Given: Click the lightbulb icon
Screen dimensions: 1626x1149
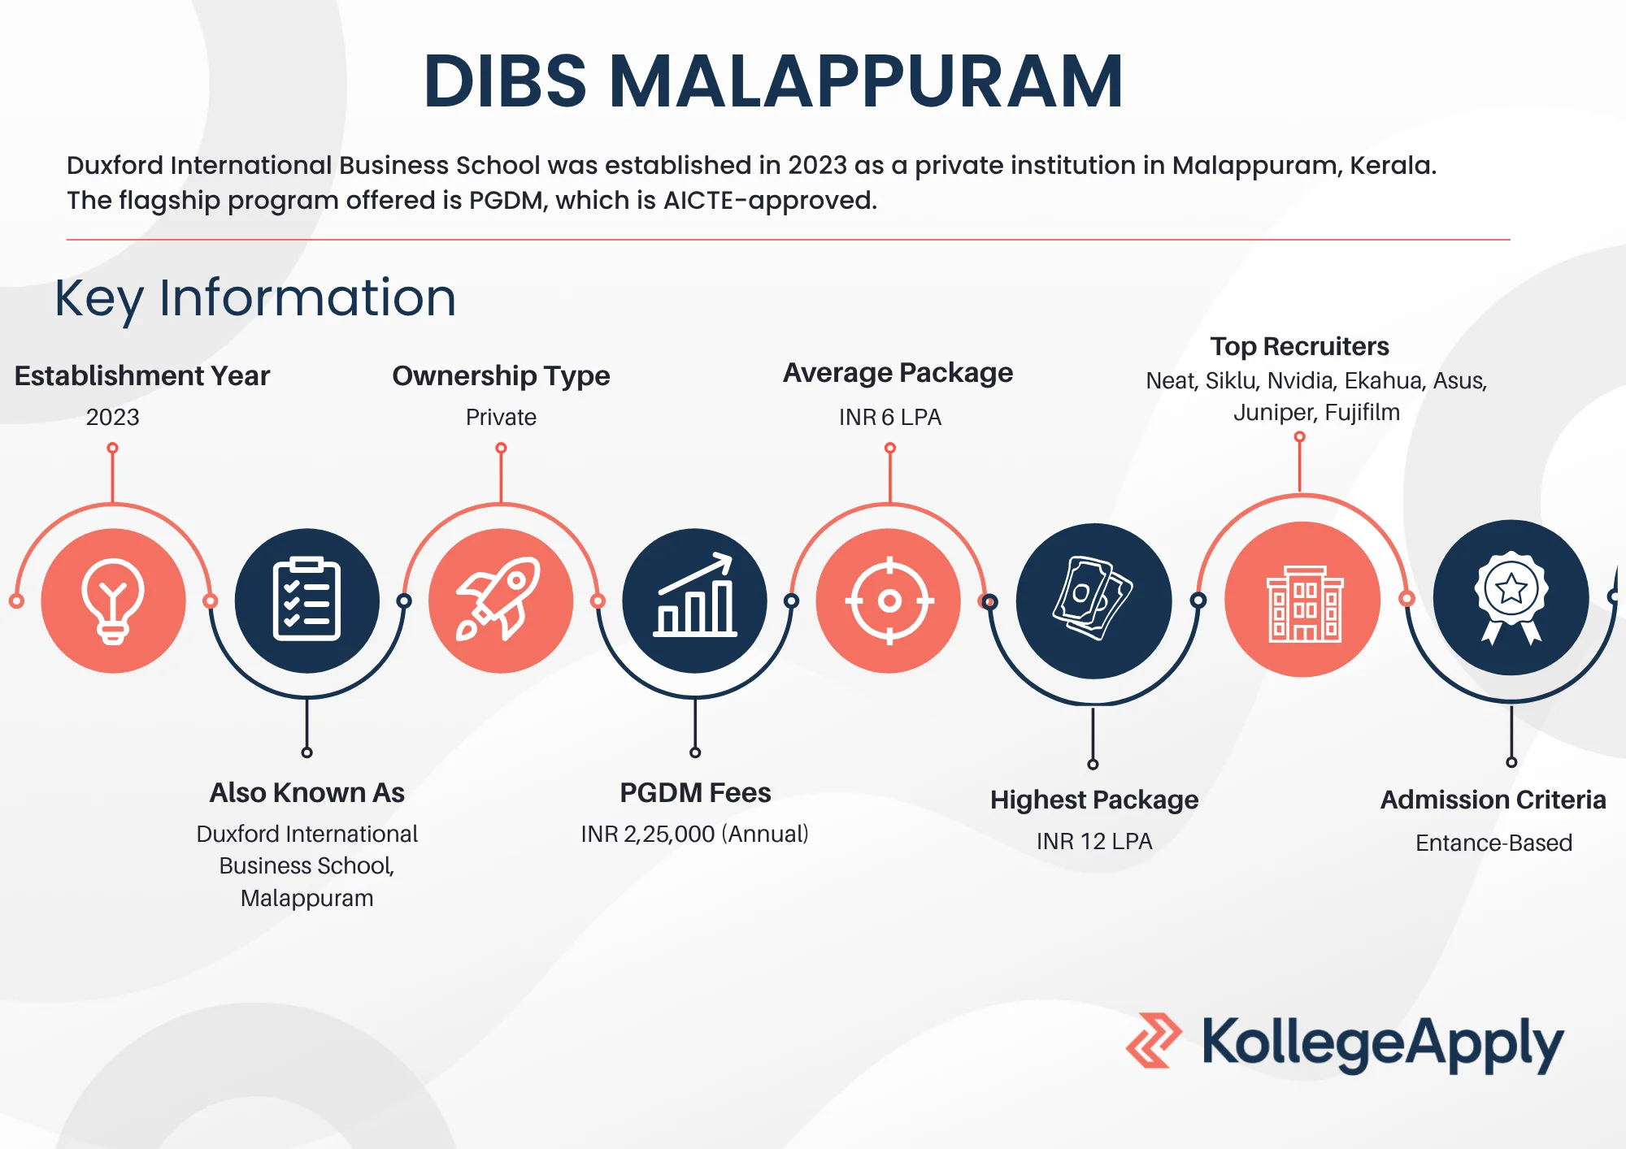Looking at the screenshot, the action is click(x=113, y=601).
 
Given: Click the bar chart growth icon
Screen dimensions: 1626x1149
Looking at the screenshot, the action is click(x=695, y=595).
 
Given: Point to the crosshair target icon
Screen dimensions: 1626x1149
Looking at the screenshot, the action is click(x=889, y=601).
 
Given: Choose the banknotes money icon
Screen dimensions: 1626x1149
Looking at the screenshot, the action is click(x=1093, y=598).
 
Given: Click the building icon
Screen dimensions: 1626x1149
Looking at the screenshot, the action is click(x=1305, y=604).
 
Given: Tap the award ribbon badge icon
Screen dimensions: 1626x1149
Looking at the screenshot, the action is click(x=1511, y=598).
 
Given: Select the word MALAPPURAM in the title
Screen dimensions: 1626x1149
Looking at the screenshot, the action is click(x=866, y=81).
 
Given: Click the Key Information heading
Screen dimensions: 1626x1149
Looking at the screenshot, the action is click(x=255, y=297).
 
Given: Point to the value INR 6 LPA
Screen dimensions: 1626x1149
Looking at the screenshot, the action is click(x=889, y=417).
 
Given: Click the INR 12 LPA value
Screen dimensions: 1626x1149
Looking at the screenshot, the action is click(x=1094, y=841).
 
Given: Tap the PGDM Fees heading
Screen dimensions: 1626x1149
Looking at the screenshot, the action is click(x=695, y=792).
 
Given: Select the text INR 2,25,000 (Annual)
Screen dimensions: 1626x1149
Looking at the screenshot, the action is click(x=695, y=834).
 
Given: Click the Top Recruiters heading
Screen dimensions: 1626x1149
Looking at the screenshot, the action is click(x=1299, y=347).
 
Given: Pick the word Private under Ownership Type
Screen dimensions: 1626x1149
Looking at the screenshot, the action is click(x=501, y=417).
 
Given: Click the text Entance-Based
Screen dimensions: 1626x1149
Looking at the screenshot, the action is click(x=1493, y=843).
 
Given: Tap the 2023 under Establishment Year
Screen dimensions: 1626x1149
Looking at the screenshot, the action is click(x=113, y=417).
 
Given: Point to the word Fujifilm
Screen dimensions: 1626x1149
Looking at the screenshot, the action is click(x=1363, y=413).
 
